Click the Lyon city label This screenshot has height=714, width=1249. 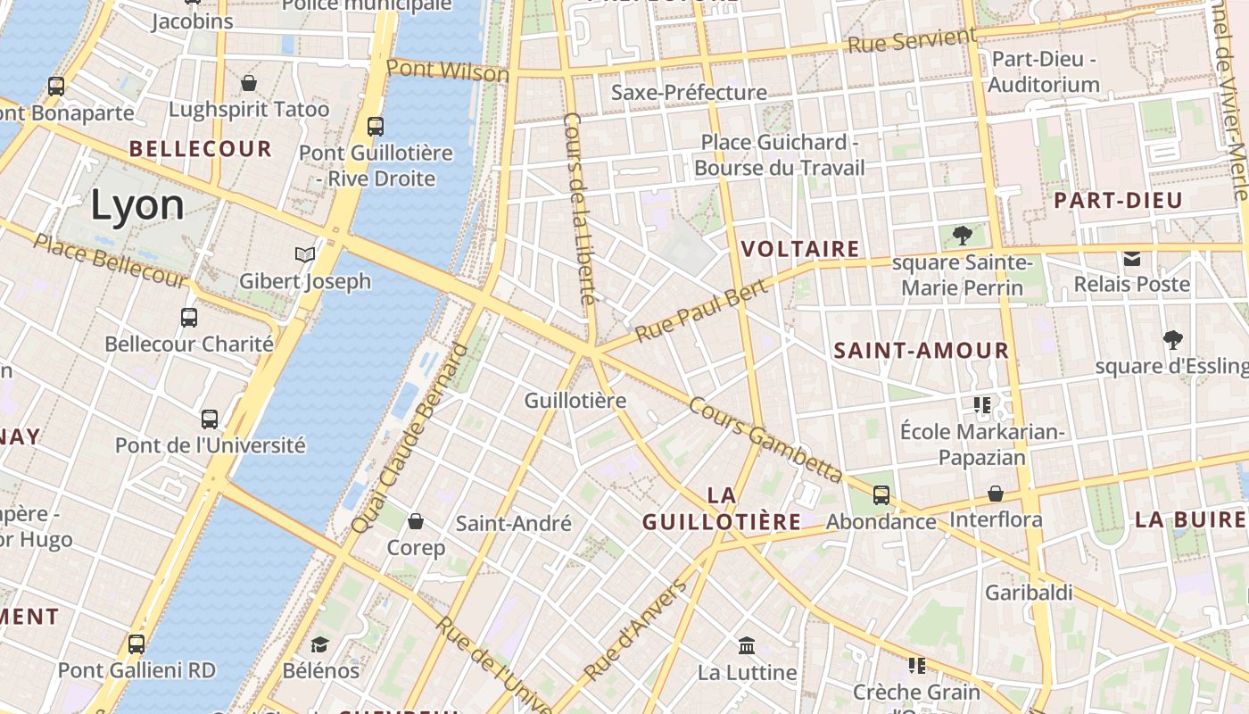click(x=137, y=205)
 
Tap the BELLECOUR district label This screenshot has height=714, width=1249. click(x=201, y=148)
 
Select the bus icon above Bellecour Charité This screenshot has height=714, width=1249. click(x=189, y=317)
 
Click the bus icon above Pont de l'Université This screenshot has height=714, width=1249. click(x=210, y=419)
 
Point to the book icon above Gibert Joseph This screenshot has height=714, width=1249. click(x=305, y=254)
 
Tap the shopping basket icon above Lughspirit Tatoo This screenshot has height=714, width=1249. click(x=249, y=83)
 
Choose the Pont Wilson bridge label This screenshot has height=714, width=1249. click(x=448, y=71)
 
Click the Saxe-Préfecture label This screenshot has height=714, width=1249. click(x=689, y=92)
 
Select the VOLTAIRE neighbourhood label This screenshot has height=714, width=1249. click(x=800, y=249)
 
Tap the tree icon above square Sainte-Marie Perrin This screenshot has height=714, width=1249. click(x=962, y=236)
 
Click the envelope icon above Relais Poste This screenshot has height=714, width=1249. click(x=1132, y=259)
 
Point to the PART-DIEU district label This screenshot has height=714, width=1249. click(x=1118, y=201)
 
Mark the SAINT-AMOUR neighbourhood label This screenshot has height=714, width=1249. click(x=922, y=351)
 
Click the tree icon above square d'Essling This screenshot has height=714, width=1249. click(x=1172, y=339)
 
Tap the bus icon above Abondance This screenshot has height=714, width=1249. click(x=881, y=494)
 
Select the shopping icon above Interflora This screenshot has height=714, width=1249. click(x=996, y=494)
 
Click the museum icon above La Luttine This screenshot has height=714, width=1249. click(x=747, y=644)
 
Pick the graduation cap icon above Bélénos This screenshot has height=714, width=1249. click(x=319, y=643)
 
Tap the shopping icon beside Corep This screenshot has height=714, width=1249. click(x=416, y=520)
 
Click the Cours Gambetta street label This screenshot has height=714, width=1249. click(x=765, y=439)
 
